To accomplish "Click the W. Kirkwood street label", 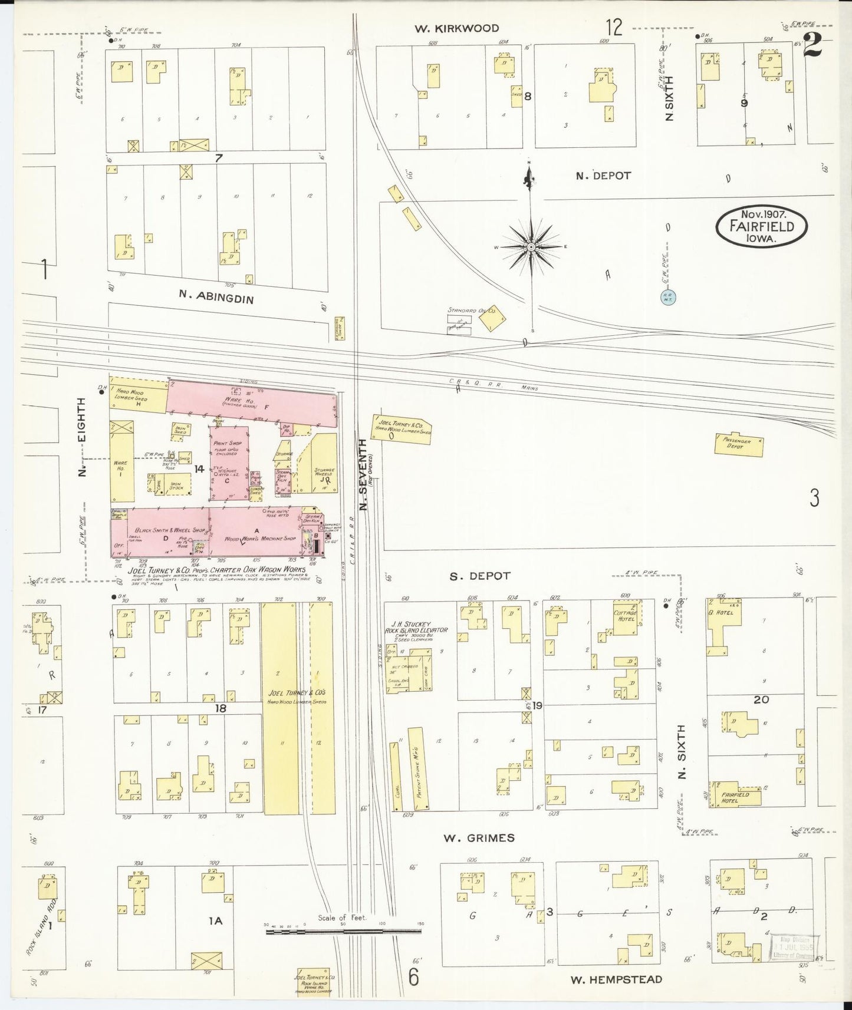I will [x=465, y=28].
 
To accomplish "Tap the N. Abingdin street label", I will [x=216, y=298].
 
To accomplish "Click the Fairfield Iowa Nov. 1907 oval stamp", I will [x=761, y=226].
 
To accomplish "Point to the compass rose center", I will [x=531, y=247].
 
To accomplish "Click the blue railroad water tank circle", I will [x=668, y=298].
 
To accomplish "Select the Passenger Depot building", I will [x=738, y=444].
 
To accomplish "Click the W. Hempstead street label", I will [x=616, y=979].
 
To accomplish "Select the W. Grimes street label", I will [x=479, y=837].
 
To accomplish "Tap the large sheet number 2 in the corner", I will [x=813, y=45].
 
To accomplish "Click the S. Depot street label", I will [x=479, y=576].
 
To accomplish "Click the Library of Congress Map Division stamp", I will [x=796, y=948].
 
